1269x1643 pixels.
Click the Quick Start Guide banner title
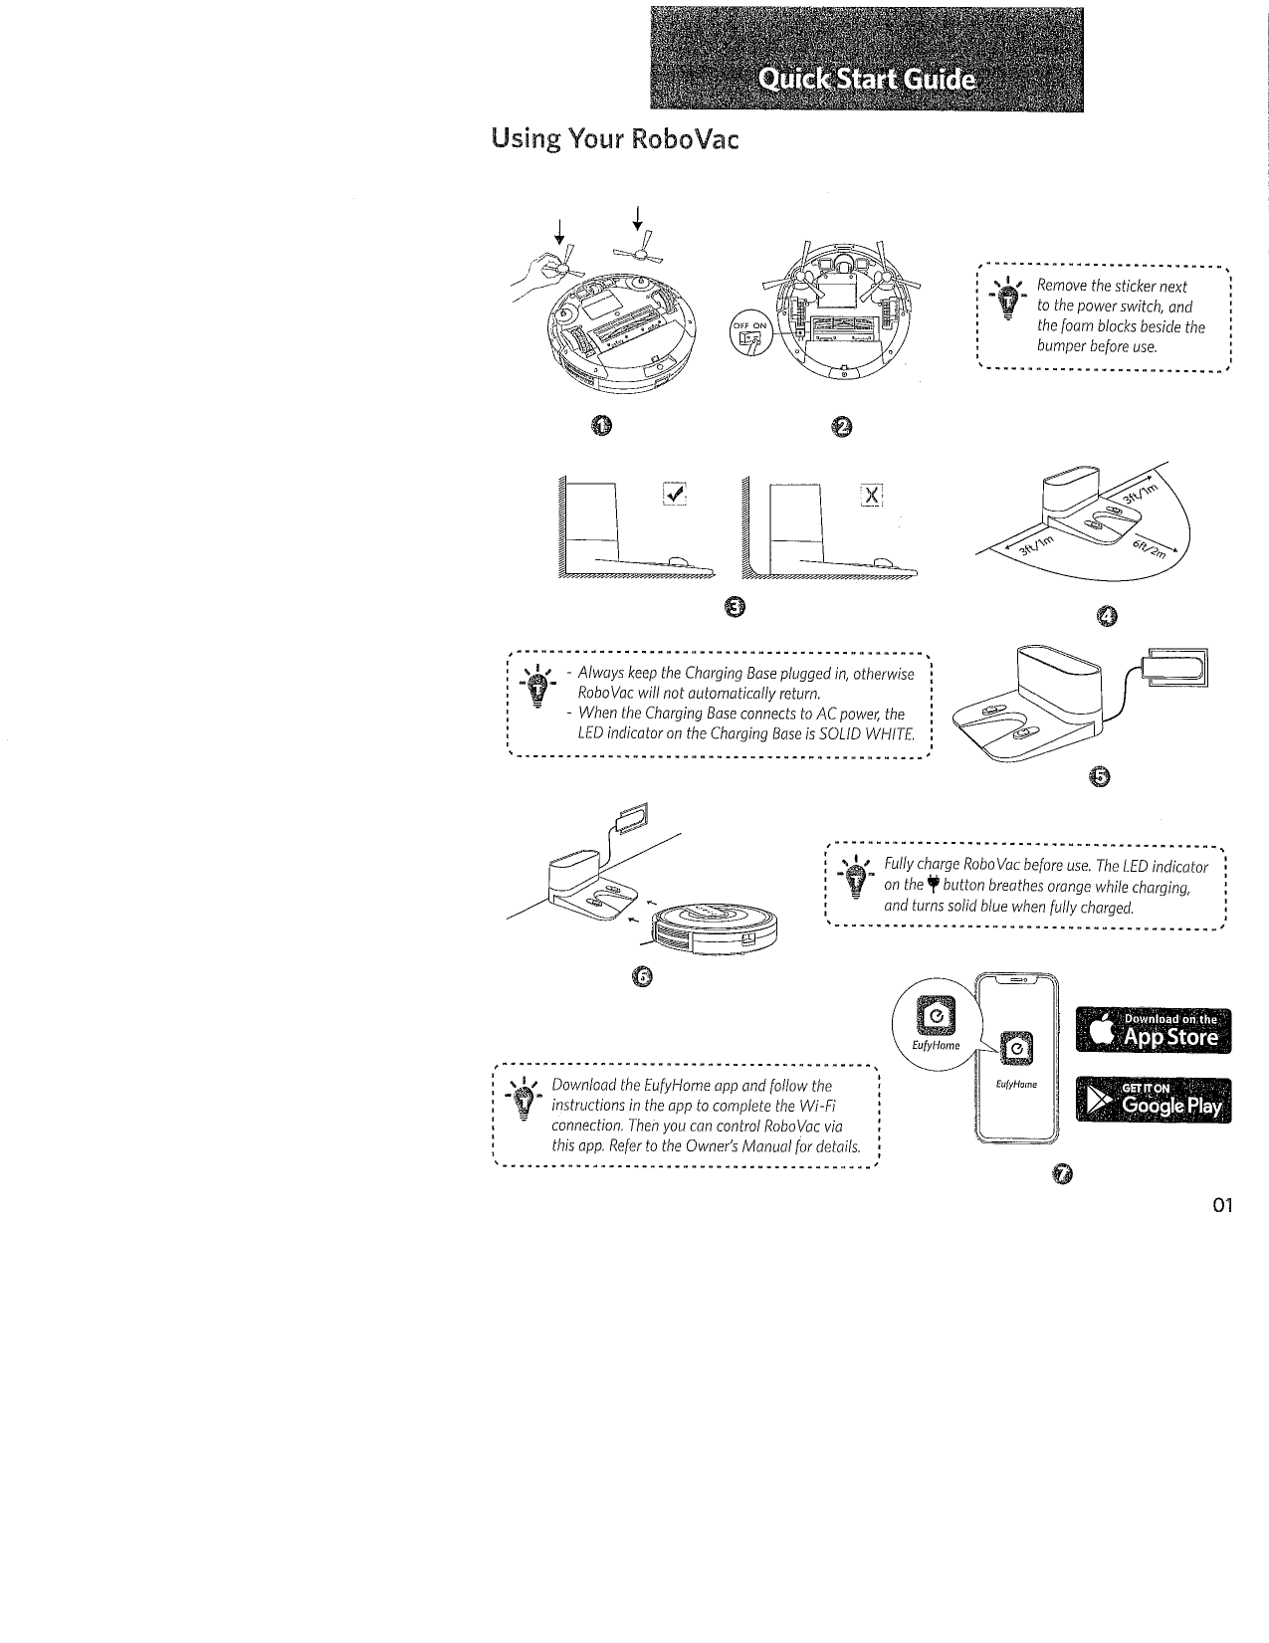click(865, 80)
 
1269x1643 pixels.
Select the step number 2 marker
click(841, 427)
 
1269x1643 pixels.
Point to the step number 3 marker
click(734, 607)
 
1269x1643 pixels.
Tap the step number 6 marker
click(642, 978)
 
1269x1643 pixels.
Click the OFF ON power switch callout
click(749, 334)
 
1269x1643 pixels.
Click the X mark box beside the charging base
click(872, 495)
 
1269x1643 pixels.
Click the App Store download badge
click(1154, 1031)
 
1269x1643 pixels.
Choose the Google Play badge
click(1154, 1101)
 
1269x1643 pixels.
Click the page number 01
click(1223, 1206)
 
